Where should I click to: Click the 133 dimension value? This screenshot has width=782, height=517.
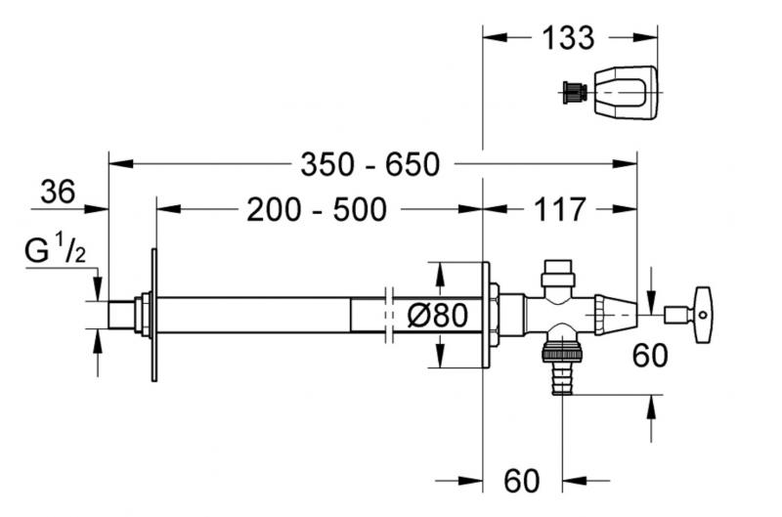(x=567, y=38)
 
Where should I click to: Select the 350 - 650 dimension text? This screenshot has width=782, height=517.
(x=370, y=164)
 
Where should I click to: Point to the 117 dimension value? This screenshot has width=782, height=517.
(x=560, y=209)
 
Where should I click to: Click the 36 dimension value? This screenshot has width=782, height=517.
(x=58, y=193)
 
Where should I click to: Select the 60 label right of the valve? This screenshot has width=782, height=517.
(x=649, y=354)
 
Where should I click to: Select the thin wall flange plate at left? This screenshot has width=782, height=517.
(x=153, y=314)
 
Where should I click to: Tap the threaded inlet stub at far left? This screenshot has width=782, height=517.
(x=122, y=314)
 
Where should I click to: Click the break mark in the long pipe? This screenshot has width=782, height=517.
(x=390, y=315)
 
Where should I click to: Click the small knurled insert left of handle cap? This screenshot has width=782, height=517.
(x=574, y=95)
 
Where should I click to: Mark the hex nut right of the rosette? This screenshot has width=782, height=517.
(x=497, y=315)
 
